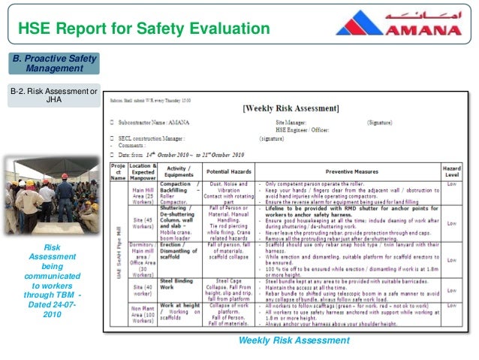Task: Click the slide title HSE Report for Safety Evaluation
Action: pyautogui.click(x=143, y=29)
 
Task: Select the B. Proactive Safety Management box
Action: pyautogui.click(x=53, y=62)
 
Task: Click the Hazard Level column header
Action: pyautogui.click(x=453, y=170)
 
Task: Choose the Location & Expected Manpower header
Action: pyautogui.click(x=142, y=170)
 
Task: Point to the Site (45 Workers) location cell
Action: pyautogui.click(x=142, y=223)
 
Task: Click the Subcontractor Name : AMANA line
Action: pyautogui.click(x=158, y=122)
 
